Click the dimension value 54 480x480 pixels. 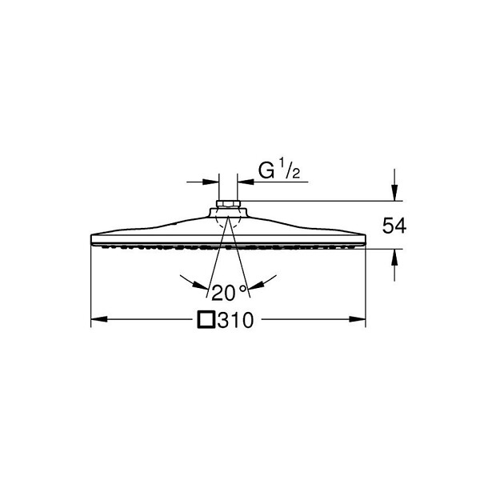(x=394, y=226)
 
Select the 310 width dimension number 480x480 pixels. (x=236, y=320)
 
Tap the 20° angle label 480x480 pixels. (x=229, y=292)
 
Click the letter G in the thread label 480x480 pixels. (x=266, y=171)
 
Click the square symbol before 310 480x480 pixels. (x=206, y=320)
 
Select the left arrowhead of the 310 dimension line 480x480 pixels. (x=99, y=319)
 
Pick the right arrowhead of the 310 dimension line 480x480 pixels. (x=358, y=319)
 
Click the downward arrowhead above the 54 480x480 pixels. (x=394, y=193)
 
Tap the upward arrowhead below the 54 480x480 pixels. (x=394, y=258)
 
